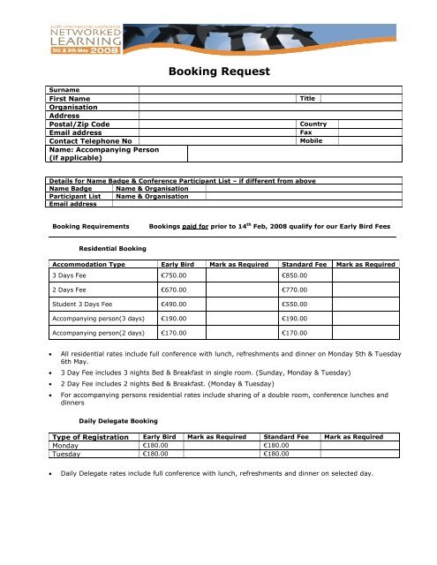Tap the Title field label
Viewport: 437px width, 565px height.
pyautogui.click(x=308, y=100)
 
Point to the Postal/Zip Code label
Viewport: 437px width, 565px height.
pyautogui.click(x=80, y=125)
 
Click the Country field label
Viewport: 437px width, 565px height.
pyautogui.click(x=314, y=124)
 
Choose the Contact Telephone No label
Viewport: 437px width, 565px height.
pyautogui.click(x=91, y=141)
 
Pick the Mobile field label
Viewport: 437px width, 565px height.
pyautogui.click(x=312, y=141)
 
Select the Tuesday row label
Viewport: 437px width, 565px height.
pyautogui.click(x=68, y=455)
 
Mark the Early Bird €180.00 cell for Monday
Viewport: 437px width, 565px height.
pyautogui.click(x=155, y=447)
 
